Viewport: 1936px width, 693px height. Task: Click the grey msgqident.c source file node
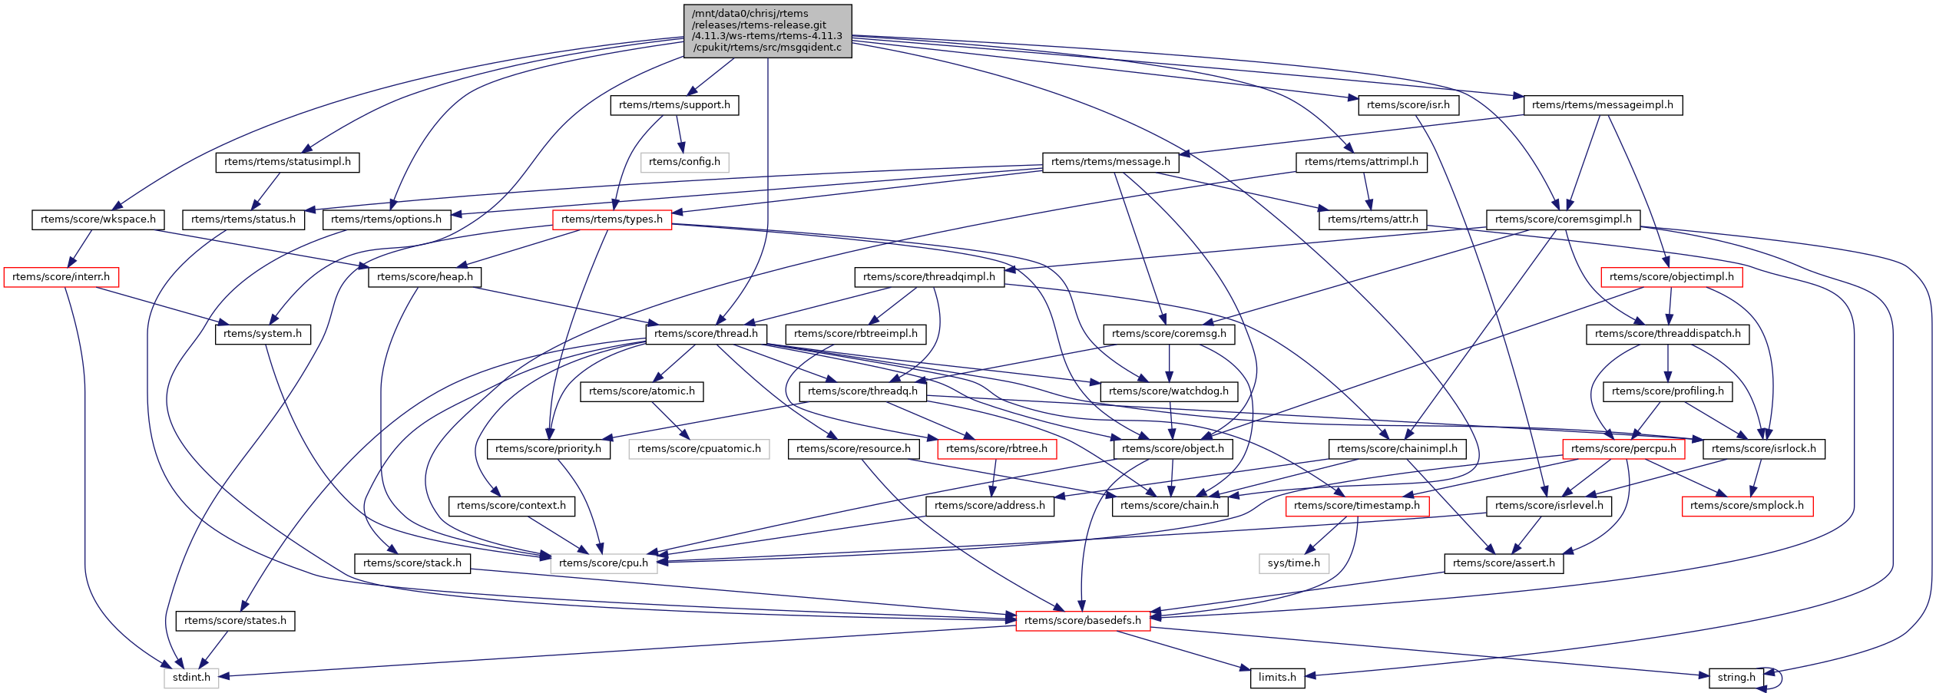pos(767,31)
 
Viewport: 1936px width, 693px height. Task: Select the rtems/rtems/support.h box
pos(674,105)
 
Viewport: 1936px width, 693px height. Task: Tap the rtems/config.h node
pos(684,162)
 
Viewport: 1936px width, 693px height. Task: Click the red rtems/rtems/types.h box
pos(612,219)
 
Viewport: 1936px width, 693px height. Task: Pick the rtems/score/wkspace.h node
pos(98,219)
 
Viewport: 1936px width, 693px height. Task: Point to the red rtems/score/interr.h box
pos(61,277)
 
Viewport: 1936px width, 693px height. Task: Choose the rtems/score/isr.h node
pos(1408,105)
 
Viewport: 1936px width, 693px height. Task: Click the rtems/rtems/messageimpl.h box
pos(1603,105)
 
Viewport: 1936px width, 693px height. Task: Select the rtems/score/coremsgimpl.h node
pos(1563,219)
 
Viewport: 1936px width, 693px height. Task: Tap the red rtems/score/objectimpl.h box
pos(1671,277)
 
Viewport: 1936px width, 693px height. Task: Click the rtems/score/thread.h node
pos(706,334)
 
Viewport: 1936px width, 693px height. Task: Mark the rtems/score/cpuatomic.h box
pos(699,449)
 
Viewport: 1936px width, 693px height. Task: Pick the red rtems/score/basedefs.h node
pos(1083,621)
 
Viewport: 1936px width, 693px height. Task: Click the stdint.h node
pos(191,678)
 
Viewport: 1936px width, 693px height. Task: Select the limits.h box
pos(1277,678)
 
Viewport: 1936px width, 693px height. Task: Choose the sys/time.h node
pos(1294,563)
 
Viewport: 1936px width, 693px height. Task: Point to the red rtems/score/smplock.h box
pos(1747,506)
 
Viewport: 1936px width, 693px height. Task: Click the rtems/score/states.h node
pos(235,621)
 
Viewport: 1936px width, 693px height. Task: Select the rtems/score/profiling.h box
pos(1667,391)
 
